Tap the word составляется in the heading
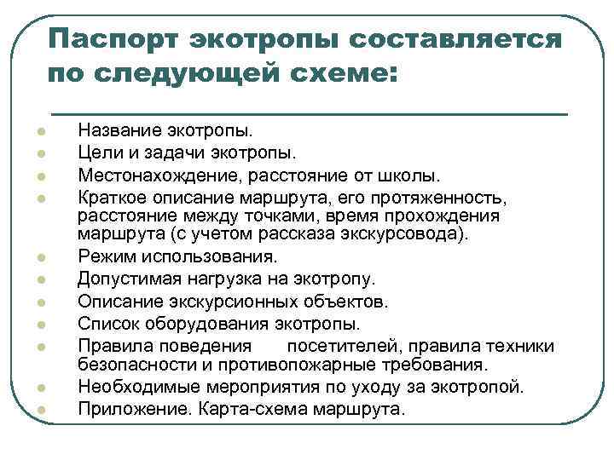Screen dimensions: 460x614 (x=453, y=39)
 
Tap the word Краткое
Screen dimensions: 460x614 (x=110, y=198)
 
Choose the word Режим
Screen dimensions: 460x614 (x=104, y=256)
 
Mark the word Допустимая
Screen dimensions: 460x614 (x=125, y=279)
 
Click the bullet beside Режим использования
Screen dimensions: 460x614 (x=39, y=256)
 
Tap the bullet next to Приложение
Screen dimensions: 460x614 (x=39, y=410)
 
